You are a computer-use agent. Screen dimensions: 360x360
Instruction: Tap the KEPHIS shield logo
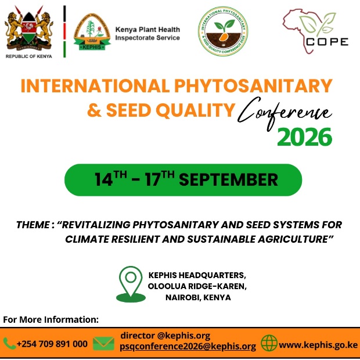pyautogui.click(x=92, y=32)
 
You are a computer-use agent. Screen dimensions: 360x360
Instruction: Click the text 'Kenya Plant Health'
pyautogui.click(x=147, y=30)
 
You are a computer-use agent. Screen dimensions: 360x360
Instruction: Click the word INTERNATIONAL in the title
pyautogui.click(x=94, y=85)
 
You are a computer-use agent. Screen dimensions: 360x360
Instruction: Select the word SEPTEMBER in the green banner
pyautogui.click(x=228, y=180)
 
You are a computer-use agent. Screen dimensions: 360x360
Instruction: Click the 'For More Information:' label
pyautogui.click(x=51, y=319)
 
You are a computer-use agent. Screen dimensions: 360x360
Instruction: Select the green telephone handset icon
pyautogui.click(x=9, y=344)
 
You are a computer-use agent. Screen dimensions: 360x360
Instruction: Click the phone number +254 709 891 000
pyautogui.click(x=52, y=344)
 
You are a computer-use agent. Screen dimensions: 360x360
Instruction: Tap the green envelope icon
pyautogui.click(x=103, y=344)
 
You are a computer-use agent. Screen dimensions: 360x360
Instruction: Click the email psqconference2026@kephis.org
pyautogui.click(x=188, y=347)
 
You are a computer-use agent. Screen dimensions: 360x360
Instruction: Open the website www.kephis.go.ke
pyautogui.click(x=318, y=344)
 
